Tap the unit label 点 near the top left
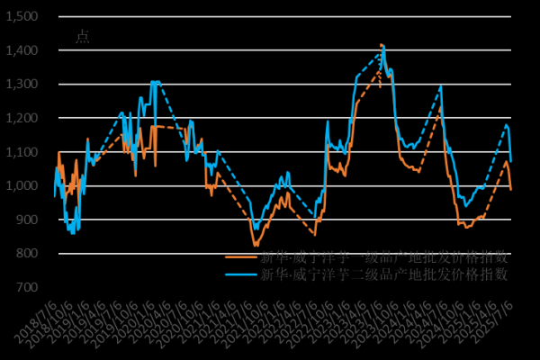click(82, 37)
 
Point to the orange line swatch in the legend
click(241, 256)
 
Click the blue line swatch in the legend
click(241, 274)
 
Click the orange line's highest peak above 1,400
click(382, 44)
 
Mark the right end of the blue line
click(511, 161)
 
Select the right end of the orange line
click(511, 189)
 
